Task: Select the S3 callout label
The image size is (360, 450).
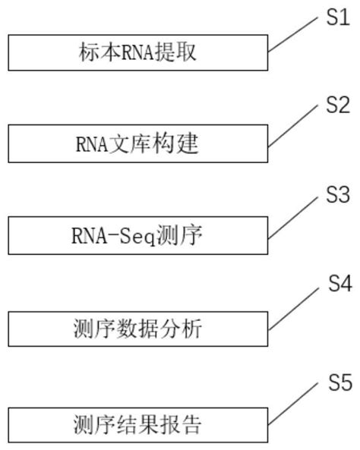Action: click(337, 195)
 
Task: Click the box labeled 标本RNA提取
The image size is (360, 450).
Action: click(138, 52)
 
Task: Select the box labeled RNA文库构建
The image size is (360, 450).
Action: click(138, 142)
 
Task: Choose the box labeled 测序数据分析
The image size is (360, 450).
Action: click(138, 329)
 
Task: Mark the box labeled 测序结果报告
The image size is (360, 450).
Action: click(138, 424)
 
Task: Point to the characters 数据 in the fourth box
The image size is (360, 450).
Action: click(139, 329)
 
